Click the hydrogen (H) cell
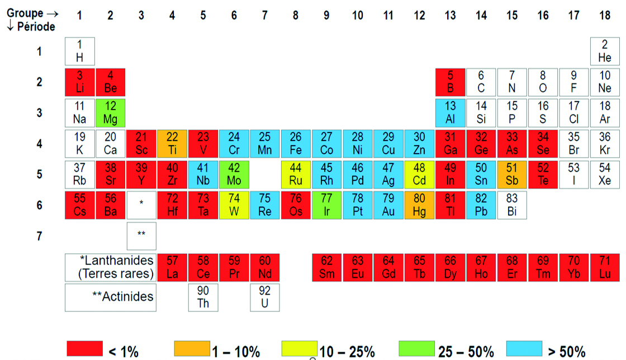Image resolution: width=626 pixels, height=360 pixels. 80,51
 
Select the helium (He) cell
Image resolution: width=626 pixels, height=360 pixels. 605,51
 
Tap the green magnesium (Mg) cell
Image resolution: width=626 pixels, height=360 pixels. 111,113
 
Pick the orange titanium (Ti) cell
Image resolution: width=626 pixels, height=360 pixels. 172,144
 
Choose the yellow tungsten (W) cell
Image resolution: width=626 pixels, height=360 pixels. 234,205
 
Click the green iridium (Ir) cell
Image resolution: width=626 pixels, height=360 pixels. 326,205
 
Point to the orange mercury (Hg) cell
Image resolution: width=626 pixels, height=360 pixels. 419,205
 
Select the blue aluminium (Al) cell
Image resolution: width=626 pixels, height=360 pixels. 450,113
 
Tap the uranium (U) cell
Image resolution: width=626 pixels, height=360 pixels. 265,297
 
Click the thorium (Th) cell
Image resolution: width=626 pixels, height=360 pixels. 203,297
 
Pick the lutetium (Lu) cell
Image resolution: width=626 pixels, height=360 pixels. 605,267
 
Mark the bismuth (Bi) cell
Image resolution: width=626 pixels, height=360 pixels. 512,205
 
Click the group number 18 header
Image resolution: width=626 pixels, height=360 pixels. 605,16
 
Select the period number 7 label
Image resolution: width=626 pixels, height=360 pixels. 39,236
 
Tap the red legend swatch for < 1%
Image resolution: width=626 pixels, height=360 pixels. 84,348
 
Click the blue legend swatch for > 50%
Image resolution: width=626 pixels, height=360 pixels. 524,348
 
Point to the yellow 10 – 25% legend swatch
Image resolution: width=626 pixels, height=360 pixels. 300,348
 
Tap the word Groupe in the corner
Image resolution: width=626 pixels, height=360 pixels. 25,13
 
